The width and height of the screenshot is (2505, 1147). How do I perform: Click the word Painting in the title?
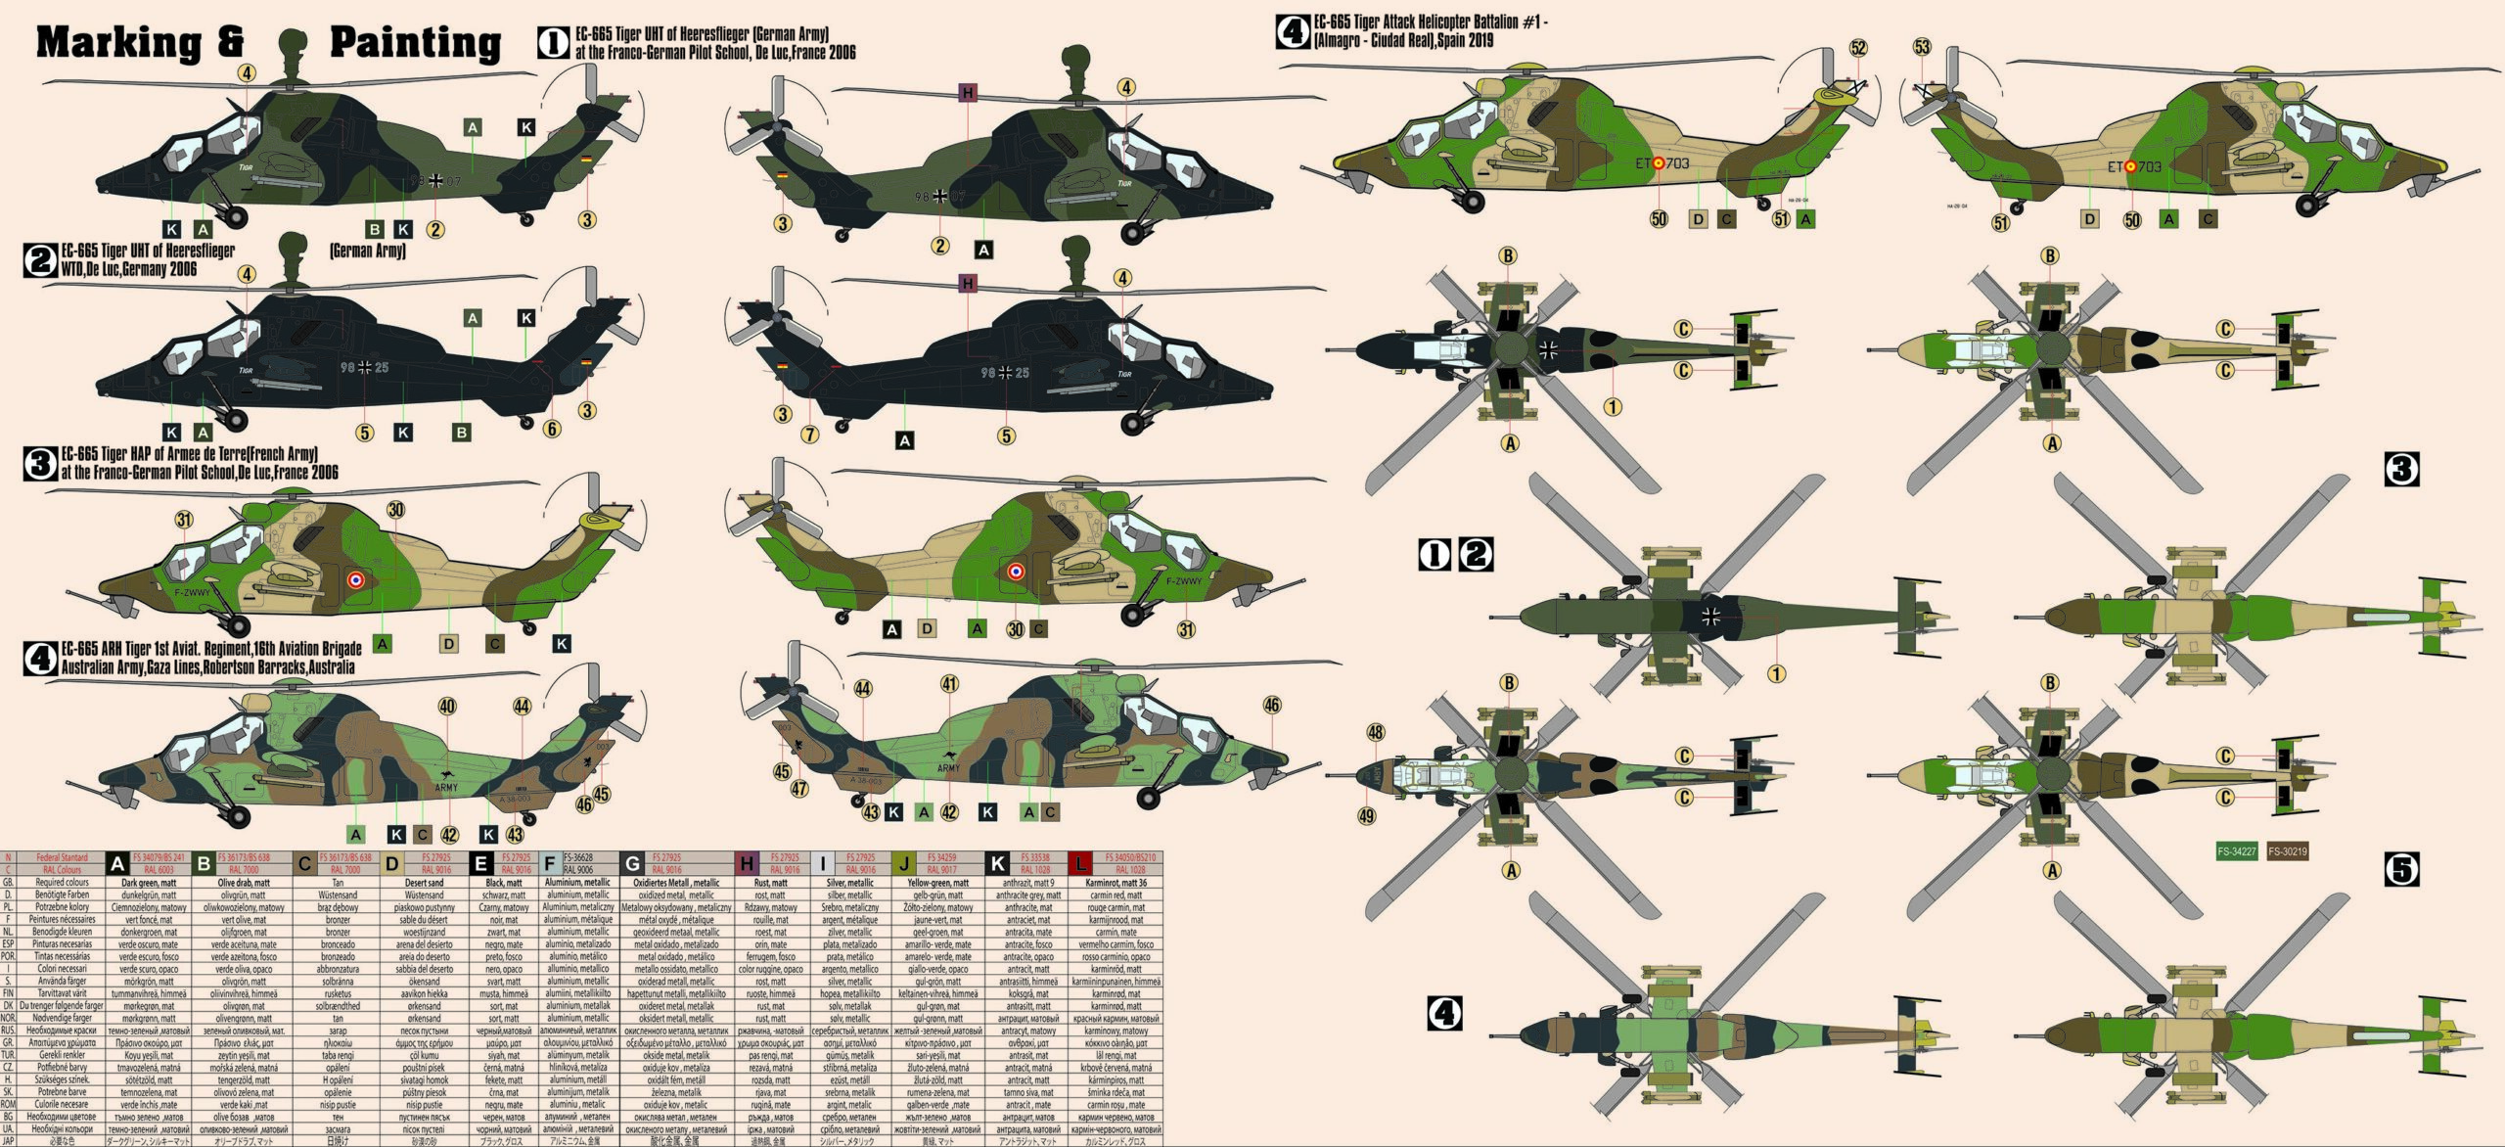click(x=415, y=42)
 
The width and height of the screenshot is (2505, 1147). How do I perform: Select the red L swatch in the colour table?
click(x=1080, y=863)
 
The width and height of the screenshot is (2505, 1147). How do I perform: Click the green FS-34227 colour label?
click(x=2237, y=851)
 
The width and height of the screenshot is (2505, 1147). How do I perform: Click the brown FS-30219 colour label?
click(x=2288, y=851)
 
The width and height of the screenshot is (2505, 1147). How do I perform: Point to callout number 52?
click(x=1858, y=48)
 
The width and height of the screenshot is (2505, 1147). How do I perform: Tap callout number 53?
click(x=1922, y=47)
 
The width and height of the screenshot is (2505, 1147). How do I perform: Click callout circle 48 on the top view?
click(x=1376, y=732)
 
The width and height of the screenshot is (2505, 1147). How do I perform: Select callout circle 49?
click(x=1367, y=815)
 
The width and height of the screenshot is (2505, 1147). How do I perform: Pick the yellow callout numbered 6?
click(x=552, y=429)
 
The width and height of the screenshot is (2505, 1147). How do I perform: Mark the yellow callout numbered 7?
click(x=809, y=434)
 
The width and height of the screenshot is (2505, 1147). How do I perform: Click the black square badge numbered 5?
click(x=2401, y=869)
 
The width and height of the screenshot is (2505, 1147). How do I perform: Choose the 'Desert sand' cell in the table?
click(x=424, y=883)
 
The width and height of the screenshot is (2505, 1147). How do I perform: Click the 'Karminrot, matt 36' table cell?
click(x=1116, y=883)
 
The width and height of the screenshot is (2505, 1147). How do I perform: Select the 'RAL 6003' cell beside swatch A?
click(x=159, y=869)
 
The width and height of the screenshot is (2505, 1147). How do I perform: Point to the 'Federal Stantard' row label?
click(x=61, y=857)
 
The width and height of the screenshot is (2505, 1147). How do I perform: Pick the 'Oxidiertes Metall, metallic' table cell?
click(x=676, y=883)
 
